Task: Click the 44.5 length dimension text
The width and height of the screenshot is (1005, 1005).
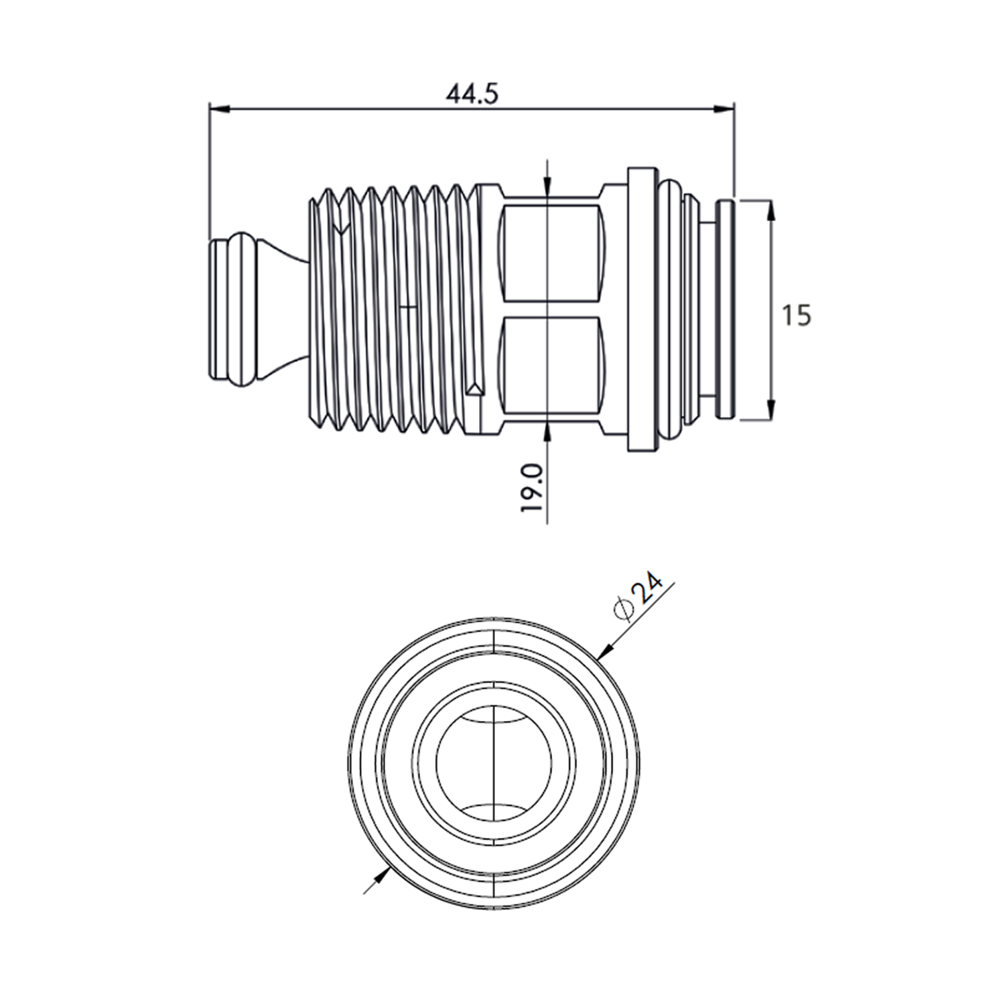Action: point(472,94)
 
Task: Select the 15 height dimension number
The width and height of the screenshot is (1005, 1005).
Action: point(797,315)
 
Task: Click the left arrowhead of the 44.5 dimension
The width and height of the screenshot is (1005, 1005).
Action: point(218,108)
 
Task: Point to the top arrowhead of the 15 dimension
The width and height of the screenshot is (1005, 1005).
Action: point(770,210)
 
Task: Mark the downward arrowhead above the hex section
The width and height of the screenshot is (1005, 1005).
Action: point(547,188)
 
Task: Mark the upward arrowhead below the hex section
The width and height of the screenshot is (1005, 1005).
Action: point(547,432)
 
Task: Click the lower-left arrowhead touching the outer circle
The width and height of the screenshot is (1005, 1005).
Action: point(384,872)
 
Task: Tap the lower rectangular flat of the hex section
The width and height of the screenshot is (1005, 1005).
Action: point(549,365)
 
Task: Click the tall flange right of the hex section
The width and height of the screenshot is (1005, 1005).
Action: point(642,310)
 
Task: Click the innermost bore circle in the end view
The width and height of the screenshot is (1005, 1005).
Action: point(494,763)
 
